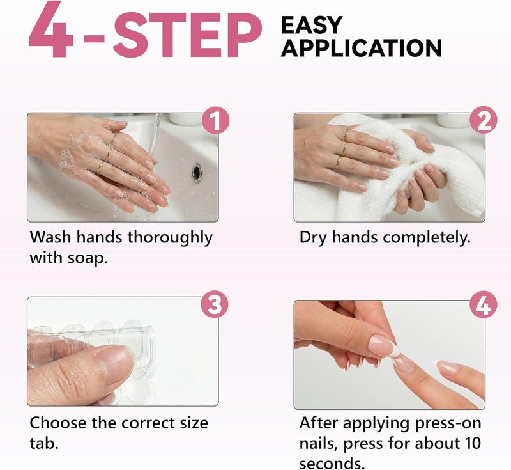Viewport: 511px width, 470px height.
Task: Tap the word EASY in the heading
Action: coord(311,25)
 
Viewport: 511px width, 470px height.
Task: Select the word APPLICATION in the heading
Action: coord(361,48)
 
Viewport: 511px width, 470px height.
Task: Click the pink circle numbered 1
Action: coord(215,120)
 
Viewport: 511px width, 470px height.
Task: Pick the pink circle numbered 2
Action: coord(484,120)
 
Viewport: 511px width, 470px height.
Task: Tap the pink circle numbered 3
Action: coord(215,305)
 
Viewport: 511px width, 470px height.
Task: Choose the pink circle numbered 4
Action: coord(484,305)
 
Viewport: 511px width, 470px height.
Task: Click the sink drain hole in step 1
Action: coord(197,173)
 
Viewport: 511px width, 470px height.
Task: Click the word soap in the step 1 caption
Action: coord(87,258)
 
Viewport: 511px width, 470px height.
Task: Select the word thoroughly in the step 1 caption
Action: coord(169,238)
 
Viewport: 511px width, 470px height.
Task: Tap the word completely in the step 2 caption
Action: coord(427,238)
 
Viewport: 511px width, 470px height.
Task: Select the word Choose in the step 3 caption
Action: coord(58,423)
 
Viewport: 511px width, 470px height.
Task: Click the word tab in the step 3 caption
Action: coord(43,443)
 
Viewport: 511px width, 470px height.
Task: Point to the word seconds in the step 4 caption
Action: coord(332,463)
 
